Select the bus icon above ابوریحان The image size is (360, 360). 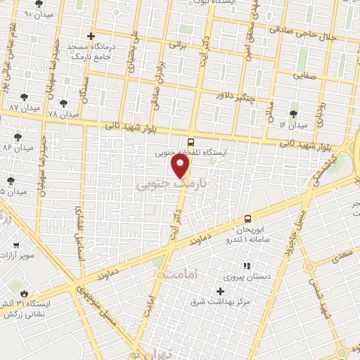tap(247, 219)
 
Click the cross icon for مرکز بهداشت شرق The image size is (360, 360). tap(220, 291)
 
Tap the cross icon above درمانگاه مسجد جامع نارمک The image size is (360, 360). tap(91, 36)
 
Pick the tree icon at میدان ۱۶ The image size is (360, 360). tap(293, 113)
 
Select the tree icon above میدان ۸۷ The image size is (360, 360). tap(25, 97)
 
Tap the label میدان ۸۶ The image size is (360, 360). tap(18, 148)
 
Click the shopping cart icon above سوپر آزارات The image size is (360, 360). tap(17, 245)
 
